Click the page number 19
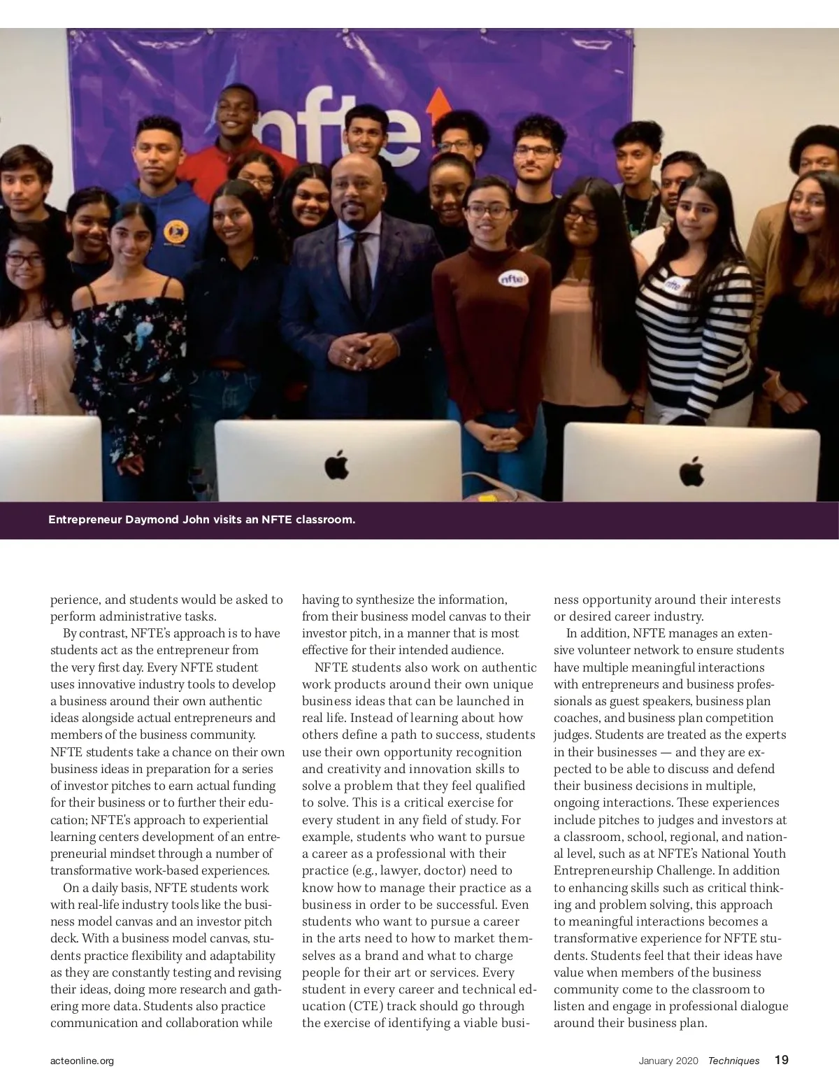[782, 1060]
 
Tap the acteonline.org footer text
[82, 1061]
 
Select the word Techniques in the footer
[733, 1061]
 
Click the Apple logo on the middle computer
[337, 465]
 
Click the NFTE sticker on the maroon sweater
[514, 278]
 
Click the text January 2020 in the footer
[668, 1061]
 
